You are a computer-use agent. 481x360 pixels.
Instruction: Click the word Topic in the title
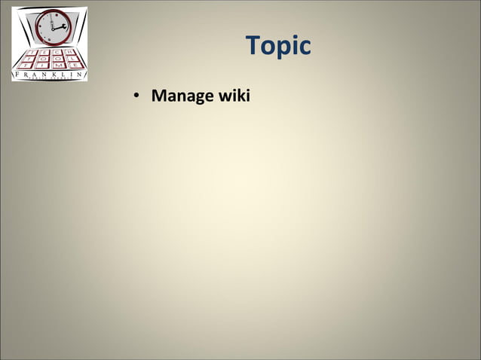click(x=278, y=46)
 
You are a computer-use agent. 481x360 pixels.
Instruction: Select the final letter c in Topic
click(x=304, y=47)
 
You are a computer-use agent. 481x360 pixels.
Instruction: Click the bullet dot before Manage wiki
click(x=136, y=96)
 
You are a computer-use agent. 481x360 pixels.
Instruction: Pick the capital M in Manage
click(x=158, y=96)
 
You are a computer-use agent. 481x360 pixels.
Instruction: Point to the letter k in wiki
click(x=240, y=96)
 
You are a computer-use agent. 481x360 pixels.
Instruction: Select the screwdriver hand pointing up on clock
click(x=51, y=20)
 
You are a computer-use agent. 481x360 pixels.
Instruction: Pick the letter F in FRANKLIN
click(x=17, y=75)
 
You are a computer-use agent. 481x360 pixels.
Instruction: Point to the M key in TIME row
click(x=57, y=66)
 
